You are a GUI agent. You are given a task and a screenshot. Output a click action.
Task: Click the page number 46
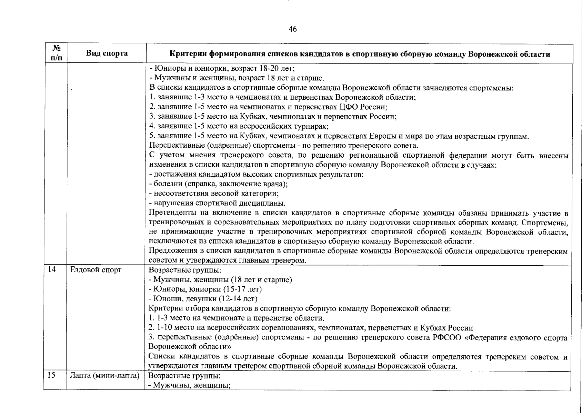point(292,29)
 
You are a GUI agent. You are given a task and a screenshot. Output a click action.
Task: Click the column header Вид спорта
point(107,53)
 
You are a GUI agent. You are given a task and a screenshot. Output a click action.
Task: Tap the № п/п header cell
point(56,53)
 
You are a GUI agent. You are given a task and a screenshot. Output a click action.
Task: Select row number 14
point(52,270)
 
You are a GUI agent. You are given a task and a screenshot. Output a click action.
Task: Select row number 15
point(51,375)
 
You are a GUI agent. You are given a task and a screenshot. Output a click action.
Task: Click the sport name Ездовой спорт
point(96,270)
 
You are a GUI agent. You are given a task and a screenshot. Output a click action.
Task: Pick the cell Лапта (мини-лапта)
point(105,375)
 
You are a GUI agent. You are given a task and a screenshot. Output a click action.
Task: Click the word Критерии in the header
point(191,54)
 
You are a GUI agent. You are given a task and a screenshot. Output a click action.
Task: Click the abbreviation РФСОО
point(447,337)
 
